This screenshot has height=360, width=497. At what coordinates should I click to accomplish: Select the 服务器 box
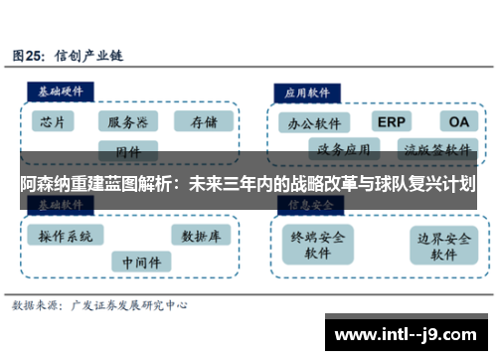[x=129, y=122]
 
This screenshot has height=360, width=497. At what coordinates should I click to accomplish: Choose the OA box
[x=458, y=121]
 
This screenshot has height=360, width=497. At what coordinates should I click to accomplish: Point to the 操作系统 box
[x=65, y=236]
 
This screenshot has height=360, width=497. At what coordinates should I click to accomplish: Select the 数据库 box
[x=202, y=236]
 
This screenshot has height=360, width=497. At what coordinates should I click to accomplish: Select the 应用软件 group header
[x=308, y=90]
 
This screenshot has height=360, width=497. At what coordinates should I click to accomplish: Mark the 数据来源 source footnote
[x=100, y=306]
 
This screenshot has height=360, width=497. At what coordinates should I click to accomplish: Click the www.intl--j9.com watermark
[x=409, y=332]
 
